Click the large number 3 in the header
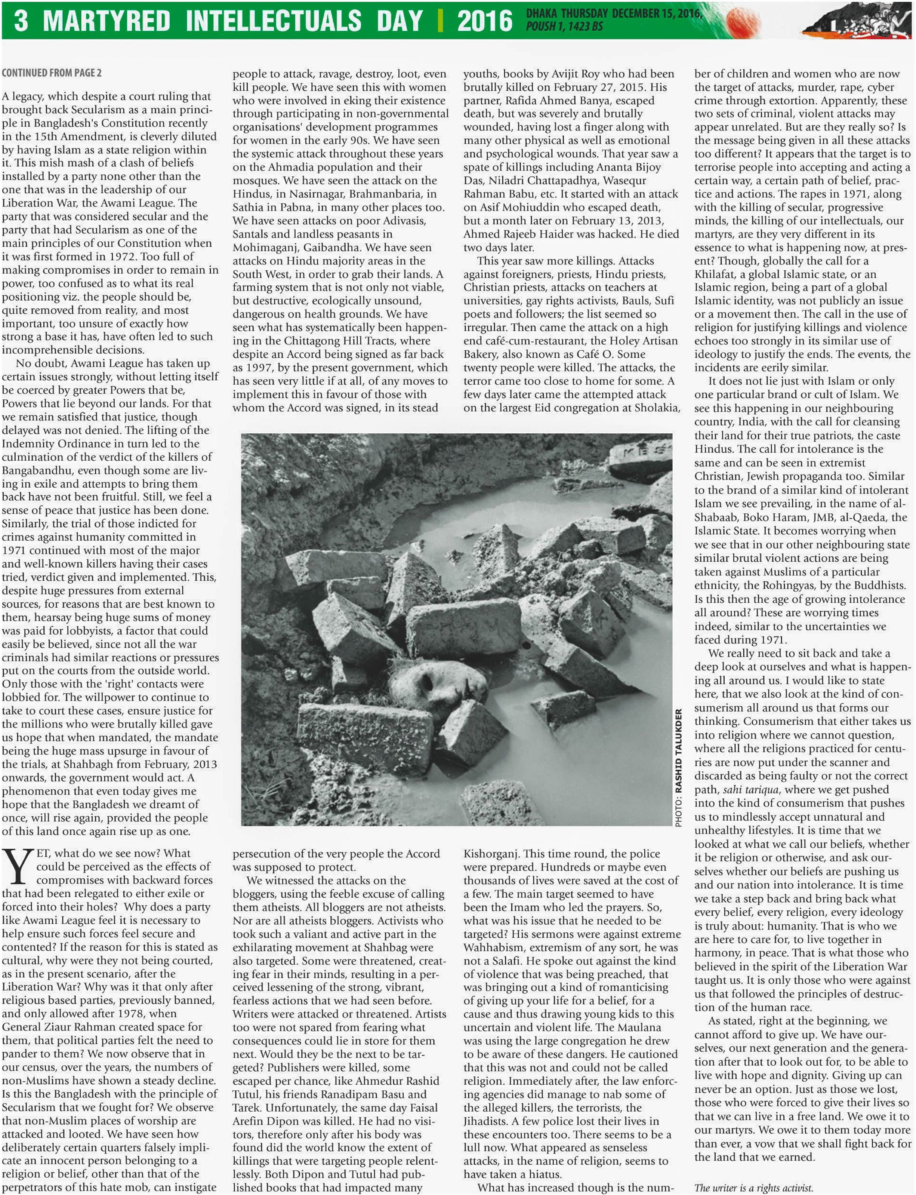21,20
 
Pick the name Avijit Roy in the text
561,74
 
